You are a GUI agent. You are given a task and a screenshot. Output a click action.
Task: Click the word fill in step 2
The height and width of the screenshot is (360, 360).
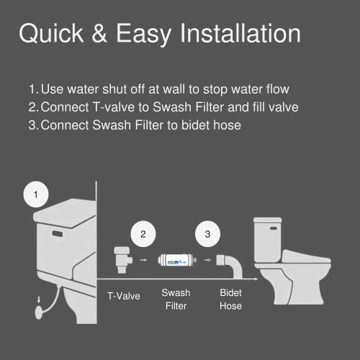point(257,107)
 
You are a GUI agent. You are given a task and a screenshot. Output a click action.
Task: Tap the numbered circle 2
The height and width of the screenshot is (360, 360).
point(144,235)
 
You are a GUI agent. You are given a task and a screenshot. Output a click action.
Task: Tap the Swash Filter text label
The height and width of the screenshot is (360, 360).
point(176,300)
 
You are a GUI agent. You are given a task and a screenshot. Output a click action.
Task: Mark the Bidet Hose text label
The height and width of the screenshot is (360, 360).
point(231,300)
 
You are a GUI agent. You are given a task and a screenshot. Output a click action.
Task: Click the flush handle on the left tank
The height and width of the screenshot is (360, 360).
point(56,234)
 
